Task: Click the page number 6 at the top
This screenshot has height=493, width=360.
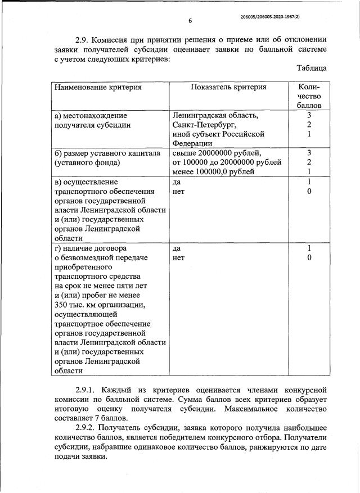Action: pyautogui.click(x=190, y=21)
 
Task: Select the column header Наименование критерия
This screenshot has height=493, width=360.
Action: pyautogui.click(x=98, y=88)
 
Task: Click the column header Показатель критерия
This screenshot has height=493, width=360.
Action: pyautogui.click(x=228, y=88)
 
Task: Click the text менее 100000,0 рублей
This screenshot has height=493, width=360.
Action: pyautogui.click(x=214, y=172)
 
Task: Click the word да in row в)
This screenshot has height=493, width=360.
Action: pyautogui.click(x=177, y=182)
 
